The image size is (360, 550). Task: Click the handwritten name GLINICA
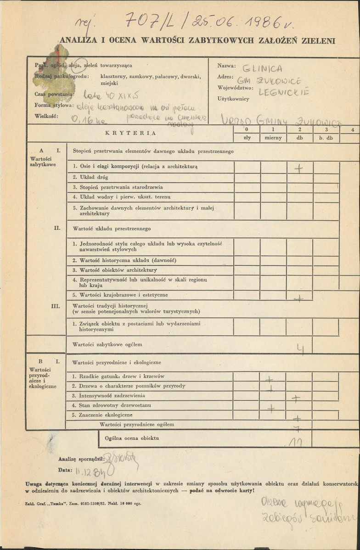tap(262, 68)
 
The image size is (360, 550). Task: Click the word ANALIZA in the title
tap(79, 40)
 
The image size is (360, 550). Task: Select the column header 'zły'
tap(247, 138)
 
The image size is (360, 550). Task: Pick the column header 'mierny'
tap(273, 138)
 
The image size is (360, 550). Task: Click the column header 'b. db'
tap(326, 138)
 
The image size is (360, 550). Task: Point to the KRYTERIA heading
tap(131, 133)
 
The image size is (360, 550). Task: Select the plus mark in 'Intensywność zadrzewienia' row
tap(297, 398)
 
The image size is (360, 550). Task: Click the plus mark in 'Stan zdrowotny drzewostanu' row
tap(271, 407)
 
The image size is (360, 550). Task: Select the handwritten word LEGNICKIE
tap(283, 92)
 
